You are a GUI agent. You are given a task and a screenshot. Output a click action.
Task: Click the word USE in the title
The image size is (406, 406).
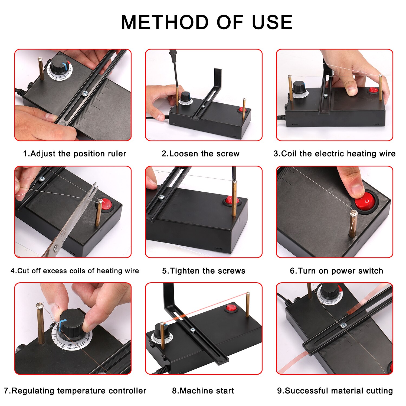pyautogui.click(x=272, y=22)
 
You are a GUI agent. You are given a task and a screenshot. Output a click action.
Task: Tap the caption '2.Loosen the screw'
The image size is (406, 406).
pyautogui.click(x=200, y=154)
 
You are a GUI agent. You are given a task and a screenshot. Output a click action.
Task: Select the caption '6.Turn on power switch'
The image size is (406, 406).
pyautogui.click(x=336, y=271)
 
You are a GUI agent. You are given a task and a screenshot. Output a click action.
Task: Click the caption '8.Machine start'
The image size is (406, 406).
pyautogui.click(x=203, y=391)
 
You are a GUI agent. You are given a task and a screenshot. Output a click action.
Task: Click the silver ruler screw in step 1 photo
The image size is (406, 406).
pyautogui.click(x=85, y=93)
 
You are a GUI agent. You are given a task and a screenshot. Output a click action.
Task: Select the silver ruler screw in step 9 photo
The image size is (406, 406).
pyautogui.click(x=343, y=325)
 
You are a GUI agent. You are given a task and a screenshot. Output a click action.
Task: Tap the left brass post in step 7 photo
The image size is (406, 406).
pyautogui.click(x=40, y=323)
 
